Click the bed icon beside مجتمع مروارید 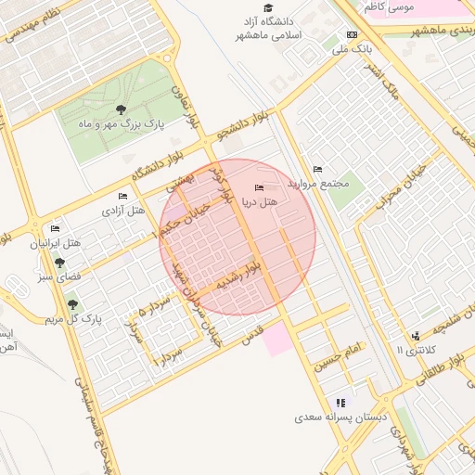(318, 169)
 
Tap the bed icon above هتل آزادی (123, 196)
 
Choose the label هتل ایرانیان (56, 243)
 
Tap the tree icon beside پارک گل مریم (73, 304)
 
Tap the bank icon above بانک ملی (352, 35)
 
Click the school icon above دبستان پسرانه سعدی (341, 403)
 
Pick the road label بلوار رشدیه (243, 278)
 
